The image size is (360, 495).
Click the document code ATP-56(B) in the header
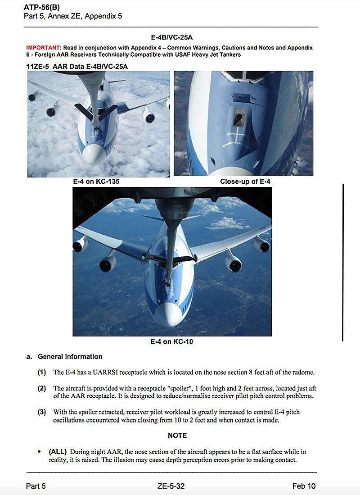42,8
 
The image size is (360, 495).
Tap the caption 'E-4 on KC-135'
96,182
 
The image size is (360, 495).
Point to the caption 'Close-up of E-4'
245,182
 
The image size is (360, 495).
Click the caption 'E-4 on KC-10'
172,342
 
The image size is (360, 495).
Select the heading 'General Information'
70,357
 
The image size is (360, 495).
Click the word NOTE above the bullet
177,436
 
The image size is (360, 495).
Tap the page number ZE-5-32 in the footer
171,486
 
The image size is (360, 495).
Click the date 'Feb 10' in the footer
304,486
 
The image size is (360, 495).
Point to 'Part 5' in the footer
36,486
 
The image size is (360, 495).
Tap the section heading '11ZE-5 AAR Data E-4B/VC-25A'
77,66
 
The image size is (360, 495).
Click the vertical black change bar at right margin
343,262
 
